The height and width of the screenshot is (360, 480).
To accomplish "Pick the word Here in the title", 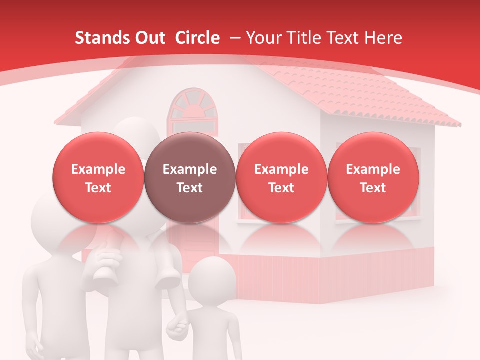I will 383,38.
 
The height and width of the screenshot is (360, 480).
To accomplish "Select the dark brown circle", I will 190,178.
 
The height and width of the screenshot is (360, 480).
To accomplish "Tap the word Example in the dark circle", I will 190,169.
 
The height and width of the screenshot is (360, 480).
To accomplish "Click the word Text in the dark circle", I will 190,188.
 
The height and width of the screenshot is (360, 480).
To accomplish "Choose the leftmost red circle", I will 98,178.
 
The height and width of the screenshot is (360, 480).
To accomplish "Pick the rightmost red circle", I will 373,178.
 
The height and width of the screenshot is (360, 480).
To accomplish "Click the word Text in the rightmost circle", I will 373,188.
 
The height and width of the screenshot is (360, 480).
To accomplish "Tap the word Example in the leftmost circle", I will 98,169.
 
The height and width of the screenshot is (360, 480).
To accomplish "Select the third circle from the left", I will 281,178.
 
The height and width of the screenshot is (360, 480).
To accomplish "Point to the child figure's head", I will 212,280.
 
